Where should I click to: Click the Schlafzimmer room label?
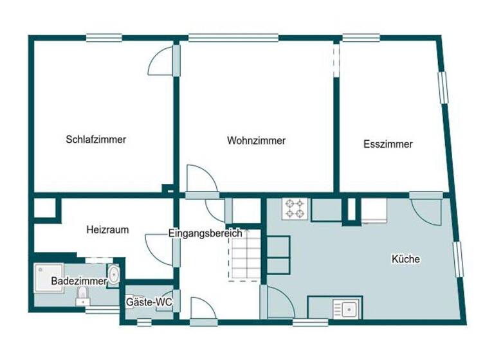tap(95, 139)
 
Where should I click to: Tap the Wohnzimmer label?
tap(256, 140)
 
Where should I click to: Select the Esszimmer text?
tap(388, 144)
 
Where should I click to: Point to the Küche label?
tap(406, 260)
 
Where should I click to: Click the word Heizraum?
tap(107, 229)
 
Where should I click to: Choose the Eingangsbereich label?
tap(205, 233)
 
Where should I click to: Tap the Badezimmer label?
tap(78, 281)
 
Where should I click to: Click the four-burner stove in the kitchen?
tap(295, 208)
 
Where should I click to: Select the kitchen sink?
tap(347, 309)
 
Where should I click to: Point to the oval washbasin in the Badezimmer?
tap(114, 275)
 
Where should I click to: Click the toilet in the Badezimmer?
tap(82, 296)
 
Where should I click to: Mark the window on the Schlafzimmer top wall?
tap(104, 38)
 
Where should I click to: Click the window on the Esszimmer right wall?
tap(443, 86)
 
